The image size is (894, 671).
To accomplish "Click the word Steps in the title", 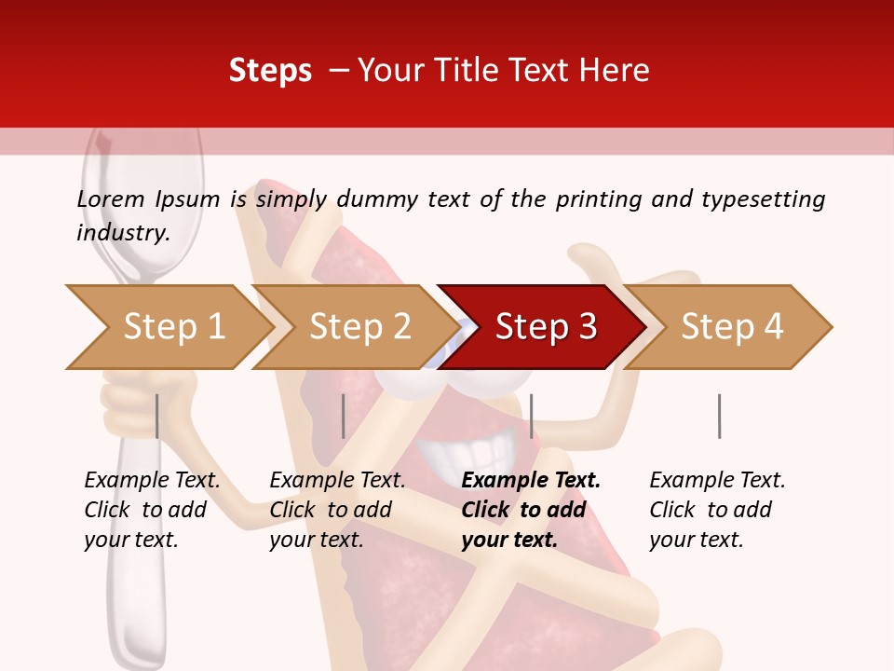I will tap(270, 71).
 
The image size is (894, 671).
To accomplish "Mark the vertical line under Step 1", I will tap(157, 416).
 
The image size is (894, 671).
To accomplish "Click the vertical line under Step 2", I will tap(344, 416).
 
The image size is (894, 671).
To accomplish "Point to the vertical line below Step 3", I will tap(531, 416).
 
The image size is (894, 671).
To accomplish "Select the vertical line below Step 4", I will tap(719, 416).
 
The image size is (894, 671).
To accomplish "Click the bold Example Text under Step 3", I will tap(530, 510).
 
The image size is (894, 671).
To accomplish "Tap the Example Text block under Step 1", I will tap(152, 510).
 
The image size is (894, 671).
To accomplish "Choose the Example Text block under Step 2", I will tap(337, 510).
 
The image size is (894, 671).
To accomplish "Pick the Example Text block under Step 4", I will tap(717, 510).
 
